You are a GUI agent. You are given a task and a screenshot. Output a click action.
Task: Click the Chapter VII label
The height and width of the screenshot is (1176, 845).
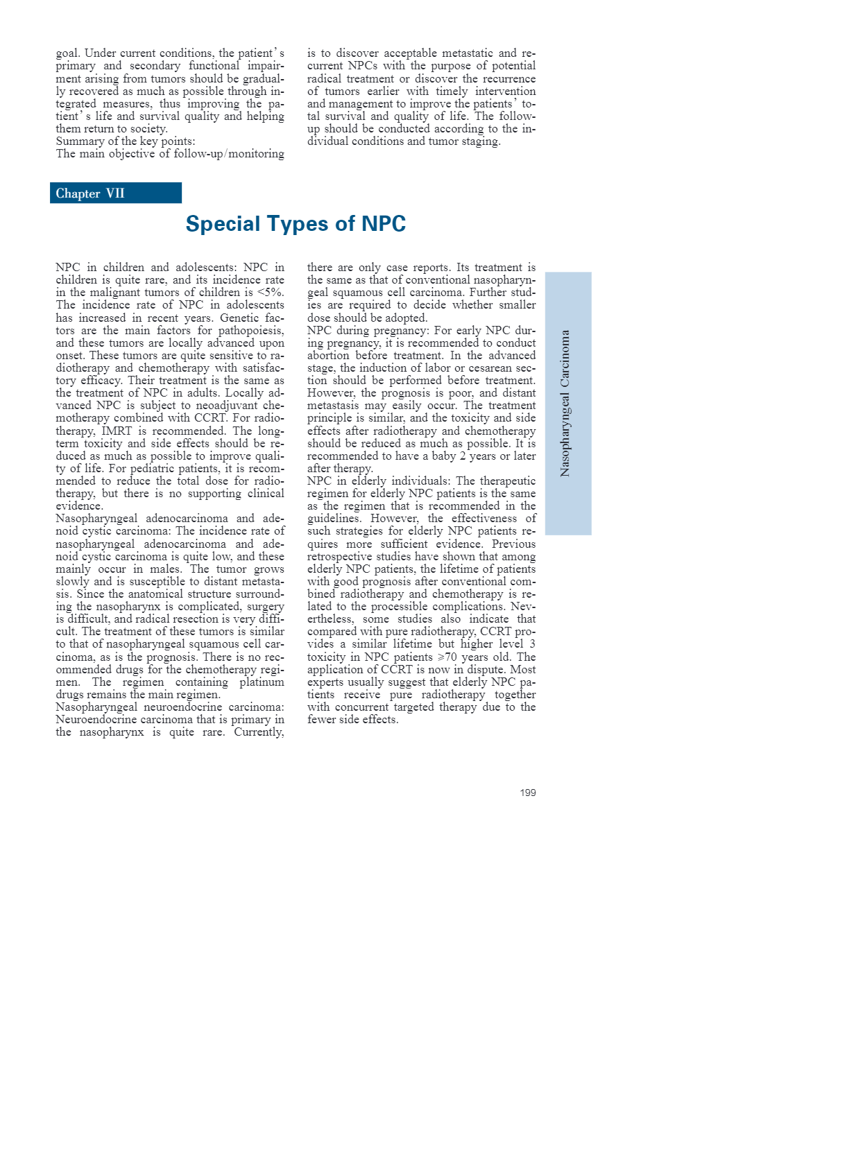(x=90, y=193)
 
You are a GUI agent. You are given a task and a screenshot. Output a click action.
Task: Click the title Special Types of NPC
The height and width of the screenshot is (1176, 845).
(x=296, y=224)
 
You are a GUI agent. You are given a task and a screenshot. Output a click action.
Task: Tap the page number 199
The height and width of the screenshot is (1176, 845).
(x=527, y=793)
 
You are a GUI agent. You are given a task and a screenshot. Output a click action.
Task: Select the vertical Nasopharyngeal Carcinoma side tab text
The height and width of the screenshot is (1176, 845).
(x=565, y=403)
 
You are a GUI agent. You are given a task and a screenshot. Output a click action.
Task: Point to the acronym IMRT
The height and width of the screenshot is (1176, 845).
(x=117, y=431)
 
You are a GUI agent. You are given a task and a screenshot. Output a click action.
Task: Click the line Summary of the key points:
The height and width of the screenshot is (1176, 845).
(x=126, y=141)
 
